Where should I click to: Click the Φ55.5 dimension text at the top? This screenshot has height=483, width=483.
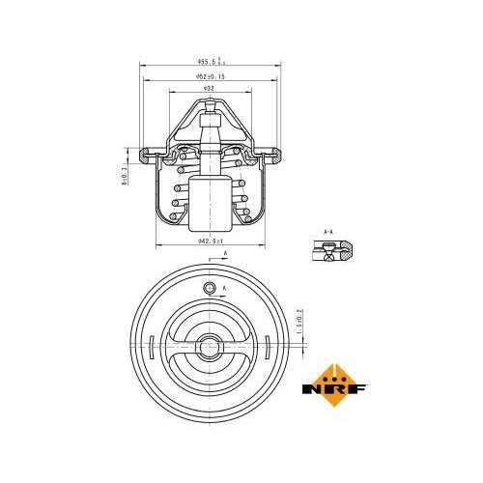click(209, 62)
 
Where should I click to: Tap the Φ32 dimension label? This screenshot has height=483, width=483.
click(209, 88)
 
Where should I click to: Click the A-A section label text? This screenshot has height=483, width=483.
click(327, 233)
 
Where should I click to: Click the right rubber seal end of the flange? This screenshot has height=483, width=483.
click(275, 153)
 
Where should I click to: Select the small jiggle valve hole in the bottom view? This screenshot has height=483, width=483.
click(210, 291)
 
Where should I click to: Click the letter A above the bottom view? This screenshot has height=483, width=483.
click(226, 253)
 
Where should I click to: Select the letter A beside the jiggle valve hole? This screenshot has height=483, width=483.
click(225, 289)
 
